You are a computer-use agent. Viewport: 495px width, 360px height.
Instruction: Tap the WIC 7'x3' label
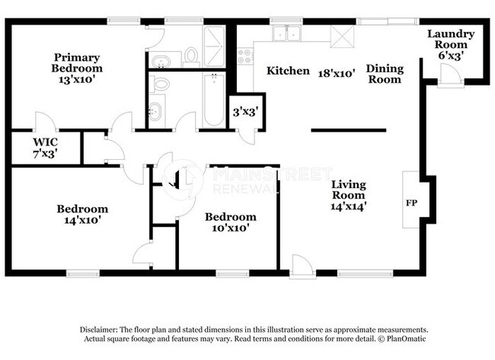tap(45, 147)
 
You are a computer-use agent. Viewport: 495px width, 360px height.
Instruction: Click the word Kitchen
tap(288, 72)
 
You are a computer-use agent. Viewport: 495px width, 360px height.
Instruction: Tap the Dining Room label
tap(385, 74)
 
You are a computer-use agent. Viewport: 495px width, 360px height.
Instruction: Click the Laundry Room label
tap(450, 44)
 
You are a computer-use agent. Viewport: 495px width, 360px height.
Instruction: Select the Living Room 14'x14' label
tap(349, 195)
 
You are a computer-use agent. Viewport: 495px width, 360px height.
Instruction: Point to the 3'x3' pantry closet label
tap(244, 112)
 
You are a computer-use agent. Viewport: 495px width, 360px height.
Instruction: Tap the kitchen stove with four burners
tap(246, 56)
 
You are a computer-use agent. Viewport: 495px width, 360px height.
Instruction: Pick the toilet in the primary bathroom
tap(190, 56)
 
